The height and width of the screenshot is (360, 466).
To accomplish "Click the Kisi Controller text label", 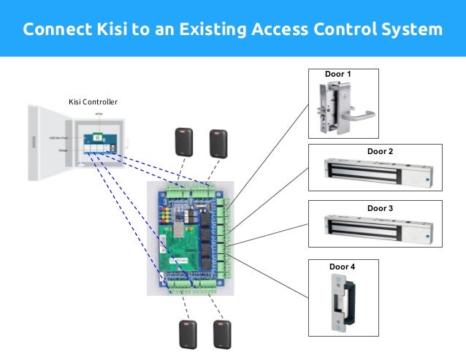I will [93, 102].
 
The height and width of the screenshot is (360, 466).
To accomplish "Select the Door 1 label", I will [339, 74].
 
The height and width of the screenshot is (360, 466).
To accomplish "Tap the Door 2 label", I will [380, 151].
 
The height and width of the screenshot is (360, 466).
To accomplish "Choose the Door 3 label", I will [380, 208].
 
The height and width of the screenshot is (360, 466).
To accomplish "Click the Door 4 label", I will [343, 267].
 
